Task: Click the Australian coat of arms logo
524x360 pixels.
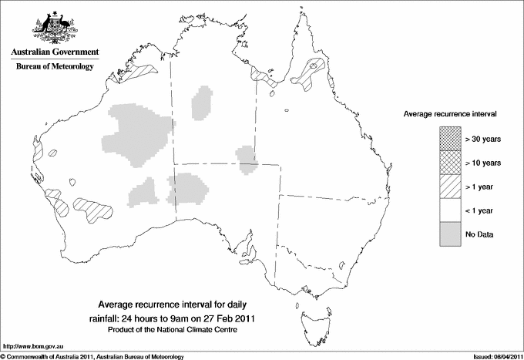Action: click(x=54, y=26)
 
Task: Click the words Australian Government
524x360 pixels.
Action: click(x=54, y=52)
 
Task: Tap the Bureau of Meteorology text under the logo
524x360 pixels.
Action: click(x=54, y=67)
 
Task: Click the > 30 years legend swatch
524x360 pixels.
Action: click(x=449, y=138)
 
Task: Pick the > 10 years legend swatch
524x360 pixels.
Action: click(x=449, y=162)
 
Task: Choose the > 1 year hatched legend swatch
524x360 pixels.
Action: click(x=449, y=186)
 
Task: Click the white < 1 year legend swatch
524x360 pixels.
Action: click(x=449, y=210)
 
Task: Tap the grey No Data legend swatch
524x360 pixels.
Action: click(x=449, y=234)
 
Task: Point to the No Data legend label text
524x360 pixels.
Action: click(x=479, y=234)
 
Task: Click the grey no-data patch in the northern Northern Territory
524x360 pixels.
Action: click(x=203, y=103)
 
